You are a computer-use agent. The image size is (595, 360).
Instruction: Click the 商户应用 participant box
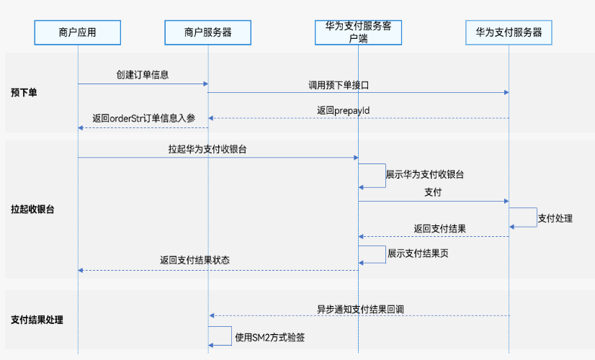coord(77,32)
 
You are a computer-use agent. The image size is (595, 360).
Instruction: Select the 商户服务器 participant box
coord(207,32)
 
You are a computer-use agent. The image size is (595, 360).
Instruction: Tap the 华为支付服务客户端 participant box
coord(358,32)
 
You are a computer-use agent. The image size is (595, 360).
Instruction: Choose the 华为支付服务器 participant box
coord(509,32)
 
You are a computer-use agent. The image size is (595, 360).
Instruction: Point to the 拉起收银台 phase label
coord(32,210)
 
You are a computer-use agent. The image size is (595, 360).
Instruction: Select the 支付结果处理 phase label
coord(37,320)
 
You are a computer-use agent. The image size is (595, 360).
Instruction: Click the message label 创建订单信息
coord(143,75)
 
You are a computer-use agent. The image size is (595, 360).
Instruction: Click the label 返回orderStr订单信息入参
coord(143,119)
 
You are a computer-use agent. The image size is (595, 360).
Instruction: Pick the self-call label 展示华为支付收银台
coord(424,174)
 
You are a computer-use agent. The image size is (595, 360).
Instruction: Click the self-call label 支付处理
coord(555,218)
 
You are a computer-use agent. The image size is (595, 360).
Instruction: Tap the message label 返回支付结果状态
coord(194,261)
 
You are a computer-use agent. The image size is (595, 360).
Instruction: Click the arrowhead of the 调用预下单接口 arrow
coord(506,92)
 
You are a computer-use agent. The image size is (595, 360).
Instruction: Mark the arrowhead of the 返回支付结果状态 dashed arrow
coord(81,270)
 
